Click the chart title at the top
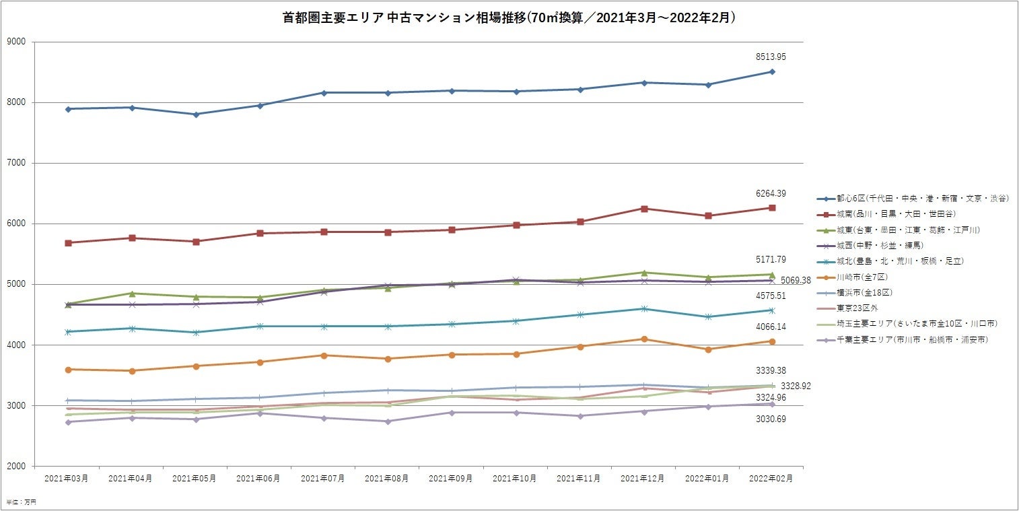pos(509,18)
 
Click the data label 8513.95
pos(771,57)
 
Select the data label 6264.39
pos(771,193)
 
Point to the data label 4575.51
pos(771,294)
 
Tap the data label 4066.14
pos(771,327)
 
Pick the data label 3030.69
pos(771,419)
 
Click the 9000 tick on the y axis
pos(16,42)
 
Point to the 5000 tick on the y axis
pos(16,284)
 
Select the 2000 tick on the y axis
pos(16,466)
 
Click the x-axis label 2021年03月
pos(67,478)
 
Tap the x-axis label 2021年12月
pos(643,478)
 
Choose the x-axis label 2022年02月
pos(771,478)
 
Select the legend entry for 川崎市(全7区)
pos(866,277)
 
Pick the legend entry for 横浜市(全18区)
pos(868,292)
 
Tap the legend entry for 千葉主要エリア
pos(912,340)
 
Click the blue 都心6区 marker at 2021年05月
pos(195,114)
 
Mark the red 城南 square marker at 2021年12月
pos(644,209)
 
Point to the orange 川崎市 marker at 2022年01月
pos(708,349)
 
